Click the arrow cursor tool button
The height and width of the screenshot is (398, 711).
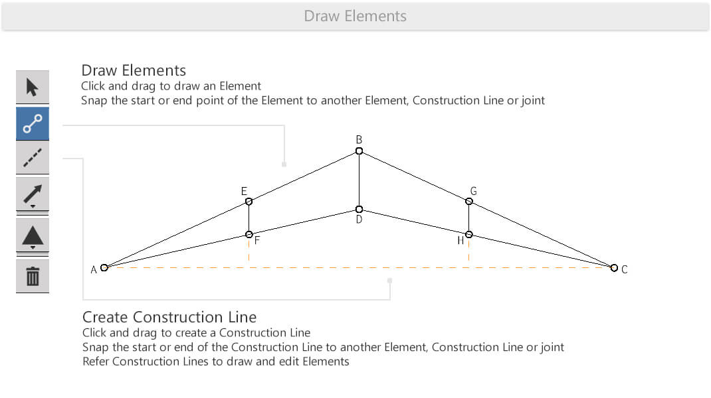[32, 87]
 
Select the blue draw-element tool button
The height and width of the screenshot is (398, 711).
[32, 123]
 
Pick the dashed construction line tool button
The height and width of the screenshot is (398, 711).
[32, 158]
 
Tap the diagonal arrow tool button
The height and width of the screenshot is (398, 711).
[32, 194]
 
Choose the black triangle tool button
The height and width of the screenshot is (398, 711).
[32, 236]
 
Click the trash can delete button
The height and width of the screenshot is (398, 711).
[32, 276]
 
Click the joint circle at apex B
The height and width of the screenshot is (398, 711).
[359, 151]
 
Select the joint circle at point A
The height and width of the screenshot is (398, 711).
[104, 267]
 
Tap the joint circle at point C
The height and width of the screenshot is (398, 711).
[614, 268]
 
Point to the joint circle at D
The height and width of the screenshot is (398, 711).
[359, 209]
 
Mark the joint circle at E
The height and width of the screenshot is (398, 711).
[249, 202]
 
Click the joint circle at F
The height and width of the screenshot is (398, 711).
[249, 234]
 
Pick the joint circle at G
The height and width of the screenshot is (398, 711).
[469, 201]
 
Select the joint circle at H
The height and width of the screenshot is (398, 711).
[469, 234]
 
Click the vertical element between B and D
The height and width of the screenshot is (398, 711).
[359, 180]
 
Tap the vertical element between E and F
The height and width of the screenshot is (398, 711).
[249, 218]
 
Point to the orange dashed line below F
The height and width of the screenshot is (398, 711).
[249, 249]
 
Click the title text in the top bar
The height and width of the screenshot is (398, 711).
[355, 17]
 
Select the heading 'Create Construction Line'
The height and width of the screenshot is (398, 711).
[169, 316]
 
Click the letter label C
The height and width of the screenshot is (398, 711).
[625, 269]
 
